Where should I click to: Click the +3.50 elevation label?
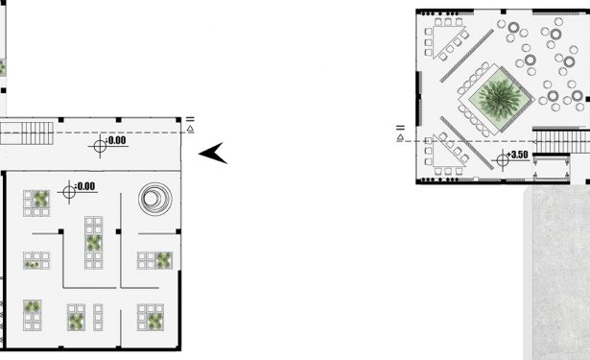(x=517, y=155)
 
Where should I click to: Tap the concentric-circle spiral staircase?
(x=155, y=199)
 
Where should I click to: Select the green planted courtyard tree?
(x=499, y=98)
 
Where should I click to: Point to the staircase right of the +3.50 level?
(x=562, y=141)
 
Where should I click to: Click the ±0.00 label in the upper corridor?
(x=116, y=140)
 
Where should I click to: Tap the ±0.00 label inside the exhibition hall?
(x=85, y=186)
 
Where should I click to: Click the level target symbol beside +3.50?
(x=503, y=160)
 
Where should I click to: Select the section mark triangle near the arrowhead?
(x=190, y=129)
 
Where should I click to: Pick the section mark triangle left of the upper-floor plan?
(x=400, y=138)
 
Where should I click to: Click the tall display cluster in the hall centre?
(x=94, y=243)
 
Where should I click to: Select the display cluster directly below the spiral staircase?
(x=154, y=260)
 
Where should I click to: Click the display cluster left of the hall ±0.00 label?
(x=36, y=203)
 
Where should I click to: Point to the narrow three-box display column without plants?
(x=98, y=318)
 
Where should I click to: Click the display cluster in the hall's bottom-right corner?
(x=151, y=317)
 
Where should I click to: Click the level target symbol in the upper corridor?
(x=100, y=146)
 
